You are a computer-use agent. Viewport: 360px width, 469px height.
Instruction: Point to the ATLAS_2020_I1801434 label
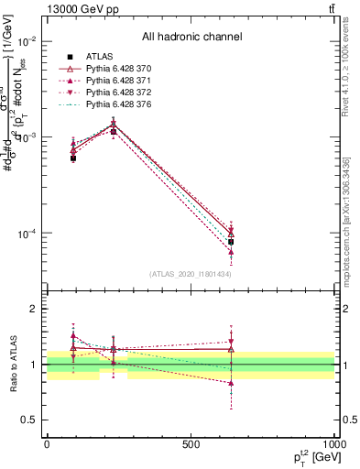click(191, 274)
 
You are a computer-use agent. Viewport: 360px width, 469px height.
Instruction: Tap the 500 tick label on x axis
click(191, 442)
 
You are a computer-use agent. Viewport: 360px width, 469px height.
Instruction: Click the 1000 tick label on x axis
click(333, 442)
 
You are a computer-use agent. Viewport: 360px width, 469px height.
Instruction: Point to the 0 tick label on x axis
click(47, 442)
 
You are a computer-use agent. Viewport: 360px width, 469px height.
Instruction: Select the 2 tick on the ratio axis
click(33, 310)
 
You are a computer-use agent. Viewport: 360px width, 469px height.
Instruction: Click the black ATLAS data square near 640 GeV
click(231, 242)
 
